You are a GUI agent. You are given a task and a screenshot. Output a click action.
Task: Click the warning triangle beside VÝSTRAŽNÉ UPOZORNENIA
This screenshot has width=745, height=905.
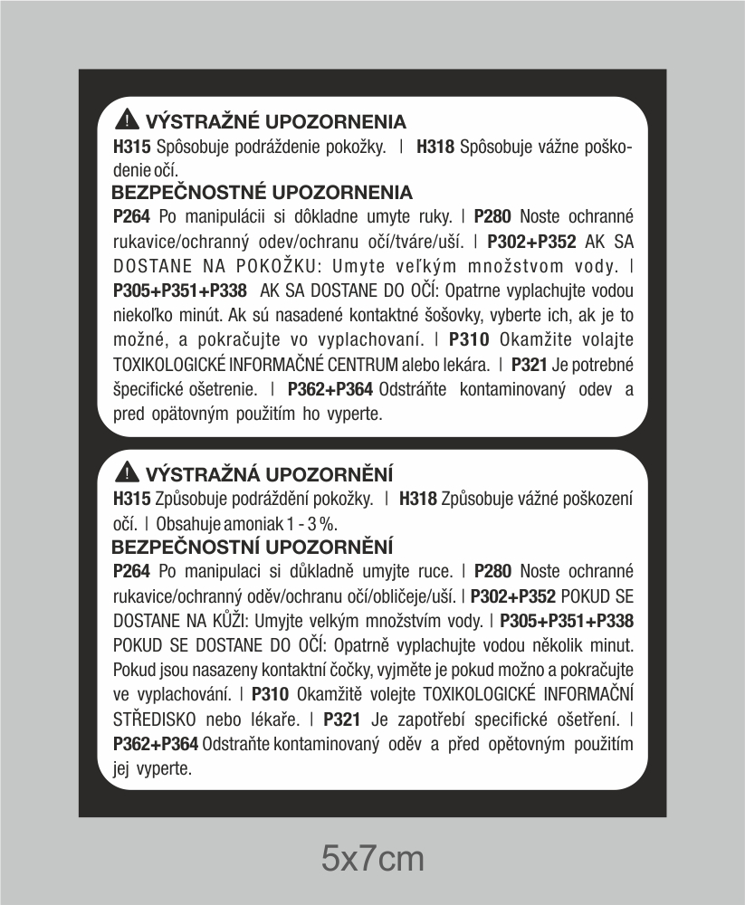point(128,120)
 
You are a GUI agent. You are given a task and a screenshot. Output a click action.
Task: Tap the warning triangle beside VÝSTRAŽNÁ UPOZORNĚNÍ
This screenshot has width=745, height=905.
point(128,473)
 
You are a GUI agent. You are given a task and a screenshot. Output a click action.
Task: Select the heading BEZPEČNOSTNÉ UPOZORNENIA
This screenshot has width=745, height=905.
point(262,193)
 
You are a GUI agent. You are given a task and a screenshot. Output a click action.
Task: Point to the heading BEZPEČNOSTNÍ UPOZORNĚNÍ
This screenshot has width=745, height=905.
point(252,546)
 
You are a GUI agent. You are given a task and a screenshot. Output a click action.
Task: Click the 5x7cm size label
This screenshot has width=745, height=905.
point(373,855)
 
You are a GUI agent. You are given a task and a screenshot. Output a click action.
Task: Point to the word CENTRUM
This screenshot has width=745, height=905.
point(363,366)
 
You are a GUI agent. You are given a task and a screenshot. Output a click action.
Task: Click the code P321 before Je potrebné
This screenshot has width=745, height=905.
point(530,366)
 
